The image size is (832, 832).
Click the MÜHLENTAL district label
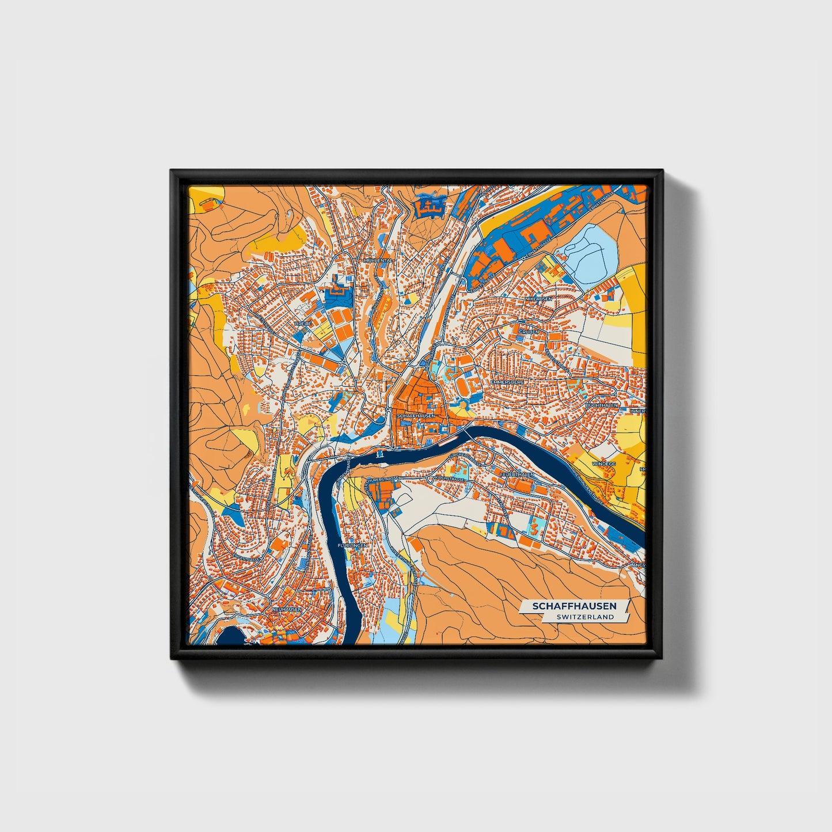pyautogui.click(x=377, y=260)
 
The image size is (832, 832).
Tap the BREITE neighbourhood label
pyautogui.click(x=303, y=324)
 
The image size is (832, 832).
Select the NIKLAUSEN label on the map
pyautogui.click(x=538, y=299)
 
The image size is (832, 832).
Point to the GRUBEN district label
pyautogui.click(x=529, y=332)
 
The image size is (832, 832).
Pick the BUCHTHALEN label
pyautogui.click(x=601, y=405)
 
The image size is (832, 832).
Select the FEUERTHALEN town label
pyautogui.click(x=518, y=474)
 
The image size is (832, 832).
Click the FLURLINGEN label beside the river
pyautogui.click(x=353, y=545)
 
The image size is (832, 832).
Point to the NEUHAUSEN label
pyautogui.click(x=287, y=608)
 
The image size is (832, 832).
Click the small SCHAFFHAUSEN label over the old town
pyautogui.click(x=415, y=415)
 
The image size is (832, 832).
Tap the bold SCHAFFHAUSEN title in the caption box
pyautogui.click(x=573, y=606)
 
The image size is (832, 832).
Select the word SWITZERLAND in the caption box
pyautogui.click(x=585, y=617)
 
